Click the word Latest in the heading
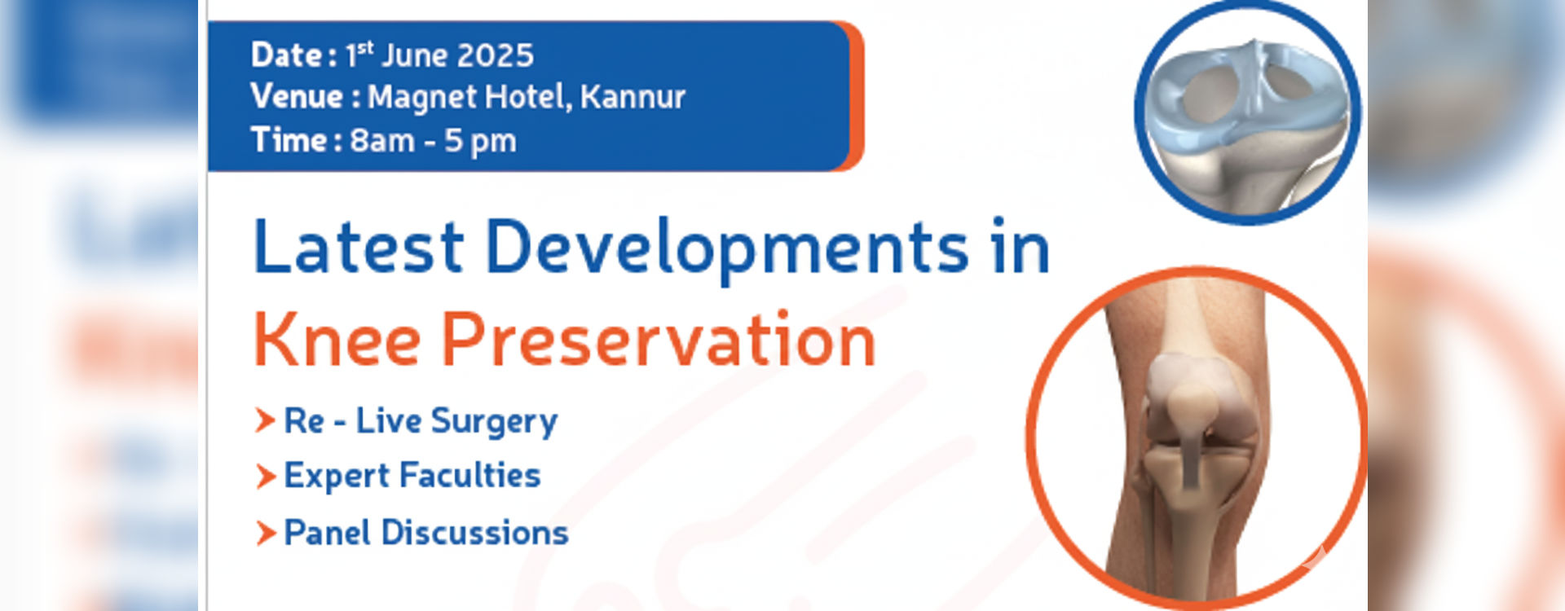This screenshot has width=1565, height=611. coord(359,246)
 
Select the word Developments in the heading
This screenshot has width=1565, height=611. coord(727,249)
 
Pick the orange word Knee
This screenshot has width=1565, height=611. coord(337,340)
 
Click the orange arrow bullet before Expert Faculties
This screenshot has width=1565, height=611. coord(266,477)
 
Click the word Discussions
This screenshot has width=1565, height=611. coord(474,533)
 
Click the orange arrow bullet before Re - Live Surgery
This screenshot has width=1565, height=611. coord(265,421)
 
